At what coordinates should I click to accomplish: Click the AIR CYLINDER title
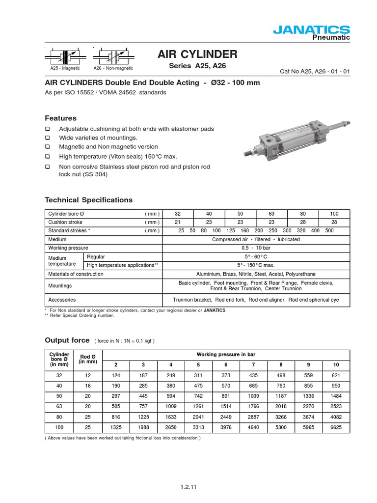(197, 54)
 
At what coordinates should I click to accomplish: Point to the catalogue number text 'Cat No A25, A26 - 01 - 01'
(315, 72)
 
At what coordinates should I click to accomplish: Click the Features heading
(60, 118)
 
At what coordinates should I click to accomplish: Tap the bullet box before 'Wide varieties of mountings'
(48, 138)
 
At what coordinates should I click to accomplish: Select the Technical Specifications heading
(88, 200)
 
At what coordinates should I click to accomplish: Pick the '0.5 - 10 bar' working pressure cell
(256, 248)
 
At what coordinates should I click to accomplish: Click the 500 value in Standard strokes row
(329, 231)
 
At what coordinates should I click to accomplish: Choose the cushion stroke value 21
(178, 223)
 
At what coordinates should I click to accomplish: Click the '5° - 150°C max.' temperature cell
(256, 265)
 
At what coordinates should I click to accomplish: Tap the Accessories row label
(62, 300)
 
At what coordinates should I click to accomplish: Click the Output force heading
(67, 340)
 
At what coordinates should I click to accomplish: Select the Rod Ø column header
(88, 359)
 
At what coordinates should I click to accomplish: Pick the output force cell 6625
(336, 428)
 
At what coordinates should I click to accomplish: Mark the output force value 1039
(253, 396)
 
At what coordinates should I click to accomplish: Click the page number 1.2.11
(188, 487)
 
